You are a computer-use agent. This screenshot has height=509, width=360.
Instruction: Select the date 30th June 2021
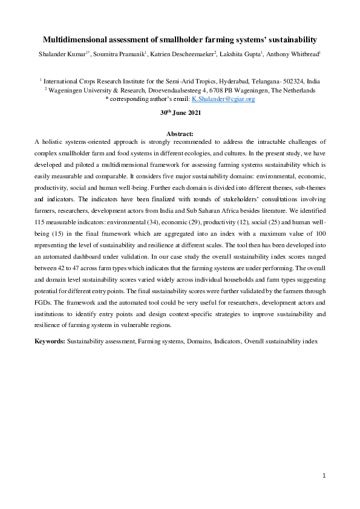(x=180, y=113)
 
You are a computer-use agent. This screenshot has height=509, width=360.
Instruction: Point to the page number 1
(x=324, y=476)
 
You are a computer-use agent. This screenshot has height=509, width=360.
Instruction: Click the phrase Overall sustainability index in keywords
(x=281, y=342)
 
